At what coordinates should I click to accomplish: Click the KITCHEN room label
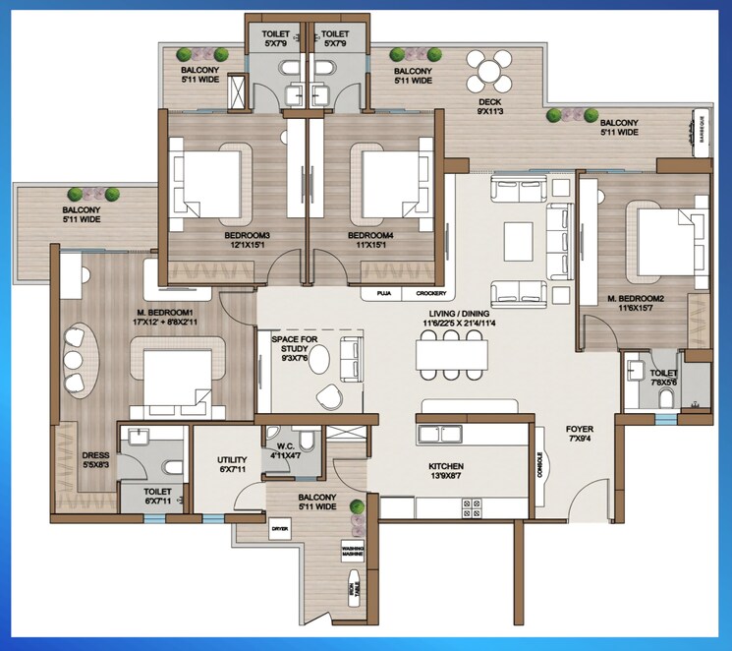pos(445,471)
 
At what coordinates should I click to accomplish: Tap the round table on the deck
pos(488,70)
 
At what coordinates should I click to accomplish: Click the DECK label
pos(490,106)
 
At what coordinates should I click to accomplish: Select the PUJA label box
pos(384,293)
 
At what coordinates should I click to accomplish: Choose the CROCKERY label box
pos(430,293)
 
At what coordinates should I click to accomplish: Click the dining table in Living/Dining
pos(450,353)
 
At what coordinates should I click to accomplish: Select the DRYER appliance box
pos(282,528)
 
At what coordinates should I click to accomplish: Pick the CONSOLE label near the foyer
pos(541,465)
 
